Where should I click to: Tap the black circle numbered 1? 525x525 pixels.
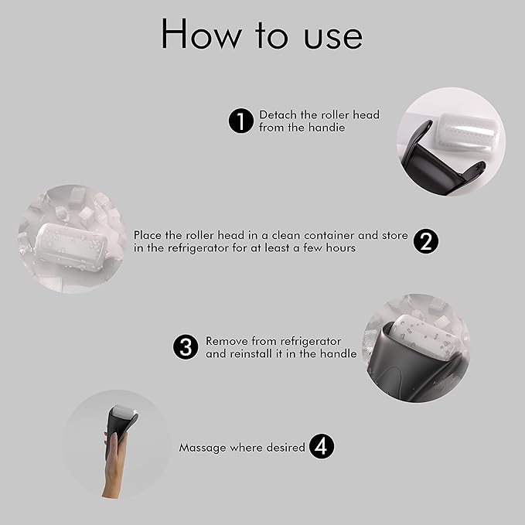click(242, 121)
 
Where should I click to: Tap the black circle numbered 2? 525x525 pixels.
click(425, 241)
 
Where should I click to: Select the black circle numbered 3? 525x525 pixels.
click(185, 347)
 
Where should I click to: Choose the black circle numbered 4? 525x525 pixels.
click(322, 447)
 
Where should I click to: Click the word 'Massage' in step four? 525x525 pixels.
click(203, 448)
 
